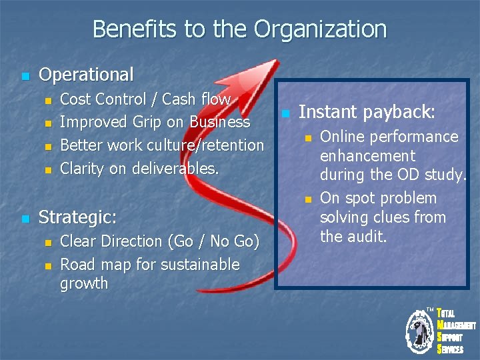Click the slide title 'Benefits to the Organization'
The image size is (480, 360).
239,29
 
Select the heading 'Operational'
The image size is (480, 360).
86,75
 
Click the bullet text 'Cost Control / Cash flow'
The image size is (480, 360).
145,99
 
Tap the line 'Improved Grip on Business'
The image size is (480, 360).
155,122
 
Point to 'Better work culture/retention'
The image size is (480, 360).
162,145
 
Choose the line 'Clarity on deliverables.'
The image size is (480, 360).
139,169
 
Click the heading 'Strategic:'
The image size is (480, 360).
78,217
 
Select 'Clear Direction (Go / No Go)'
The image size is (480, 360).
159,241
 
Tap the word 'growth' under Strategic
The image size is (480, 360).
84,283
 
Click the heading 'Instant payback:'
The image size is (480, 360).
367,112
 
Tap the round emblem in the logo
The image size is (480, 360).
420,331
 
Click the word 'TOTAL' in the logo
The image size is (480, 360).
447,314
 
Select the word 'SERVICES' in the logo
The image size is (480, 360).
451,349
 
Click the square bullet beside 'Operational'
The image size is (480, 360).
25,76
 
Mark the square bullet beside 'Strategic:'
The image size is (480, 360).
25,219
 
